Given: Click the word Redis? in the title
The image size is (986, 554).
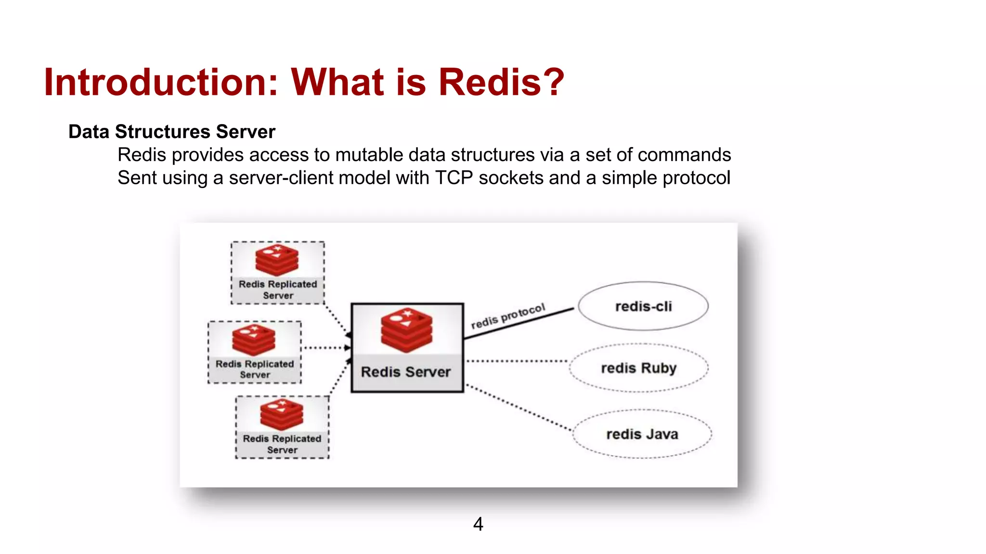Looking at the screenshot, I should point(501,82).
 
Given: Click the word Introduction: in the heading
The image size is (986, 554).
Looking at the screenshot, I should point(161,82).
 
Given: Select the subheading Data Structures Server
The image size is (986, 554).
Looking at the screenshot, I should point(172,132).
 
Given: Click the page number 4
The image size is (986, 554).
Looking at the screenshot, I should point(478,524).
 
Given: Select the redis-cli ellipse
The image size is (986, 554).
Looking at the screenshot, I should point(643,306).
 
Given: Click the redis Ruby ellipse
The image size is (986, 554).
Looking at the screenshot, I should point(638,368).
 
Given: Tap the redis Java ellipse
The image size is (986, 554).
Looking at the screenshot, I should point(642,434).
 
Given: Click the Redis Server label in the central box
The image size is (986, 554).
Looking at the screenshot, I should point(406,372).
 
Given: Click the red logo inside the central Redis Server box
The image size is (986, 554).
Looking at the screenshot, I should point(407,330).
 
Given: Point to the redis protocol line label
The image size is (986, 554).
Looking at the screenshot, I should point(507,316).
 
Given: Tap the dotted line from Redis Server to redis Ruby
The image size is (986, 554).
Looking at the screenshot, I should point(518,361).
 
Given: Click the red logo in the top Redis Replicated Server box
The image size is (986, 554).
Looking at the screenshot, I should point(277,260).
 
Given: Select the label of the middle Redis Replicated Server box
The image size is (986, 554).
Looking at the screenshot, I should point(255,369).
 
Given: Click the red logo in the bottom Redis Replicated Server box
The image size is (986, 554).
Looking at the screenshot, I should point(282,414).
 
